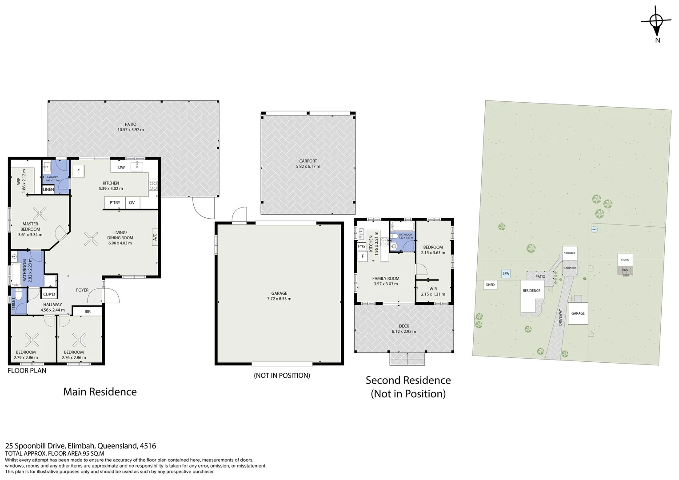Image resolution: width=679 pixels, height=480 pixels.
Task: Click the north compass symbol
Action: tap(656, 21)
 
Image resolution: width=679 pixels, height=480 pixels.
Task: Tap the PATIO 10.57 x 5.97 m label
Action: tap(131, 127)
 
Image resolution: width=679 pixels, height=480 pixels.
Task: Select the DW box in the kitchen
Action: tap(121, 168)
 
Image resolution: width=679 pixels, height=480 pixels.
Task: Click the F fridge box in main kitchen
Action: tap(79, 171)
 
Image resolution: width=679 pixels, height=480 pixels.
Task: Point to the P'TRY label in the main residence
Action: tap(115, 203)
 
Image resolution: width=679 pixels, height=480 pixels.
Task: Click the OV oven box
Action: tap(132, 203)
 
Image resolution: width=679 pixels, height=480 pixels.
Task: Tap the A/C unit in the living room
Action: tap(155, 237)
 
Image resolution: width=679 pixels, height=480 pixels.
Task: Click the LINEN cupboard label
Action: tap(48, 190)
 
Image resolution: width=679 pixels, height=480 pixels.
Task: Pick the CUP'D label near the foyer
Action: tap(49, 295)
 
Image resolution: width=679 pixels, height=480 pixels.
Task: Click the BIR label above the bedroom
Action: tap(88, 312)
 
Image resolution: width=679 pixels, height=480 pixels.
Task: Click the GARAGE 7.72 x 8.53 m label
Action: tap(279, 296)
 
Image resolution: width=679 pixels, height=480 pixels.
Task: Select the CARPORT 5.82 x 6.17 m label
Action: tap(308, 164)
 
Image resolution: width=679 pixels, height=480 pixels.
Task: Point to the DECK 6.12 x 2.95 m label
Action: tap(403, 329)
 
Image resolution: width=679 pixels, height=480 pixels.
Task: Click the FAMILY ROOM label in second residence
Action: tap(386, 281)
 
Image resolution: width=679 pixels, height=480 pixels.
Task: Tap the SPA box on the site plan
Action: tap(506, 274)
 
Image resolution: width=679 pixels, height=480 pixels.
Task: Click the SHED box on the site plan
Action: tap(490, 285)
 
